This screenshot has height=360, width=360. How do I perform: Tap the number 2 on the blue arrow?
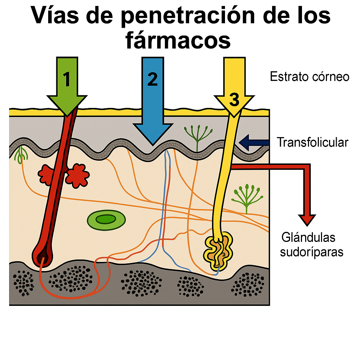pos(153,79)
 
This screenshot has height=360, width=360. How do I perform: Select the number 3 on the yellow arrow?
pos(233,99)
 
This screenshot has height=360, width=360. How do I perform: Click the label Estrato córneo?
pos(309,77)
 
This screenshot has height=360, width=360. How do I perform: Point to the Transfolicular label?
pos(313,142)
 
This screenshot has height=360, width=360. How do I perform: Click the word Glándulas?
pos(308,238)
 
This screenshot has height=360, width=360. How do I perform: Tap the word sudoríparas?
pos(311,252)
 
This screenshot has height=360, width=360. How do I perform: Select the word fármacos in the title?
pos(178,40)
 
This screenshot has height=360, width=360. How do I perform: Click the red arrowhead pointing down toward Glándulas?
pos(306,220)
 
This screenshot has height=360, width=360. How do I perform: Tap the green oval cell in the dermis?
pos(106,220)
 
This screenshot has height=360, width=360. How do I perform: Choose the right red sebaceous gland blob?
pos(77,177)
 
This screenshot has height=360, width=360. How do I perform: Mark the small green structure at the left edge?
pos(21,155)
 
